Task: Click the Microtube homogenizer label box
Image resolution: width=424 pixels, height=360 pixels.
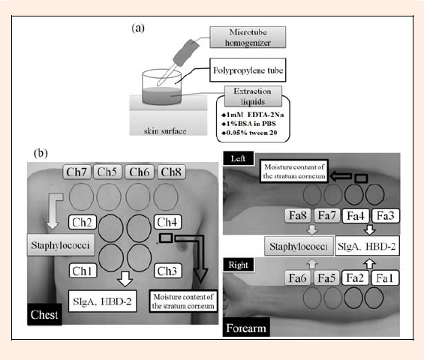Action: [x=248, y=37]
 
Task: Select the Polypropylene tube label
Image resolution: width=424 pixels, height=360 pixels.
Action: [x=248, y=70]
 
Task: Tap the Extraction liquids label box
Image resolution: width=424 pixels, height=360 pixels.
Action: [x=253, y=96]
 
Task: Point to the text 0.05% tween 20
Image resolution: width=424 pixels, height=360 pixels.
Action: [x=249, y=133]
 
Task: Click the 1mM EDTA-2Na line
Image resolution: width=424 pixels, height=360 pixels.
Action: [x=253, y=115]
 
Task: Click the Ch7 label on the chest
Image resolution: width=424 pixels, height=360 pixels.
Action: [x=77, y=172]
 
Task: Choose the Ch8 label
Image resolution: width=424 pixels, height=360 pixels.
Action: [x=171, y=172]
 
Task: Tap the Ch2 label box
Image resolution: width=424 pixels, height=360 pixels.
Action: [x=83, y=222]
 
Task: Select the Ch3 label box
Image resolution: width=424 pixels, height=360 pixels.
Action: [x=167, y=271]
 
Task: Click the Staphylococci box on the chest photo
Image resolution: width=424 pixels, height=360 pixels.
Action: [x=61, y=244]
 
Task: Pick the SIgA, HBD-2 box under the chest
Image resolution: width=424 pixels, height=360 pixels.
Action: [x=103, y=301]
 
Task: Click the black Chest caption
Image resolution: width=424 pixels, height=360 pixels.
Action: [x=44, y=314]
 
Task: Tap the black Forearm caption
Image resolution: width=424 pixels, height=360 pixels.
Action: [x=246, y=327]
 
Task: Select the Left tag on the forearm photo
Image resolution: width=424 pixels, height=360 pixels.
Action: [x=238, y=158]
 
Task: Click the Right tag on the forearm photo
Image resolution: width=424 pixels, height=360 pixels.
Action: [x=238, y=265]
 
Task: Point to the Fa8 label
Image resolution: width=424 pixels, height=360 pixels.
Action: [x=298, y=216]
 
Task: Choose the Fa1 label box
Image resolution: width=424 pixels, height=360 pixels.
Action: [x=384, y=278]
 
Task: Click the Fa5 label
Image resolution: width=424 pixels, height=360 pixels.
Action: [x=326, y=278]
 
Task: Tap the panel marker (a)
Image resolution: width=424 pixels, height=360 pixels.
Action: [x=138, y=28]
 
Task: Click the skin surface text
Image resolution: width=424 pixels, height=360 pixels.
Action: [x=165, y=131]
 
